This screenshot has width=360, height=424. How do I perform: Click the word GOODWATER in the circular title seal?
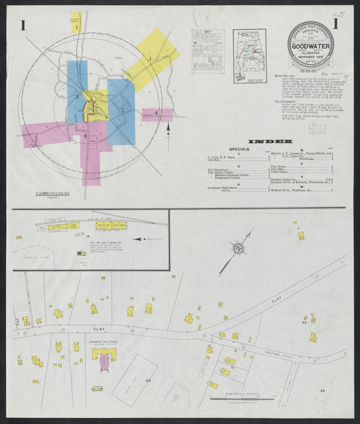tap(310, 45)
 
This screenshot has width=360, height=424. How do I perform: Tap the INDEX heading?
tap(270, 142)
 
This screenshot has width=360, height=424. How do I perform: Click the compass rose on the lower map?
tap(238, 249)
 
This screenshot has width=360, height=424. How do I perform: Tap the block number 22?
tap(305, 323)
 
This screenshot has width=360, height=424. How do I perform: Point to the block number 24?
tap(323, 390)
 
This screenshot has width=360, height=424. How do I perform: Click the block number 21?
tap(174, 277)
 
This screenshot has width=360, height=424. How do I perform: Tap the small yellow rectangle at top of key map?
tap(76, 22)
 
